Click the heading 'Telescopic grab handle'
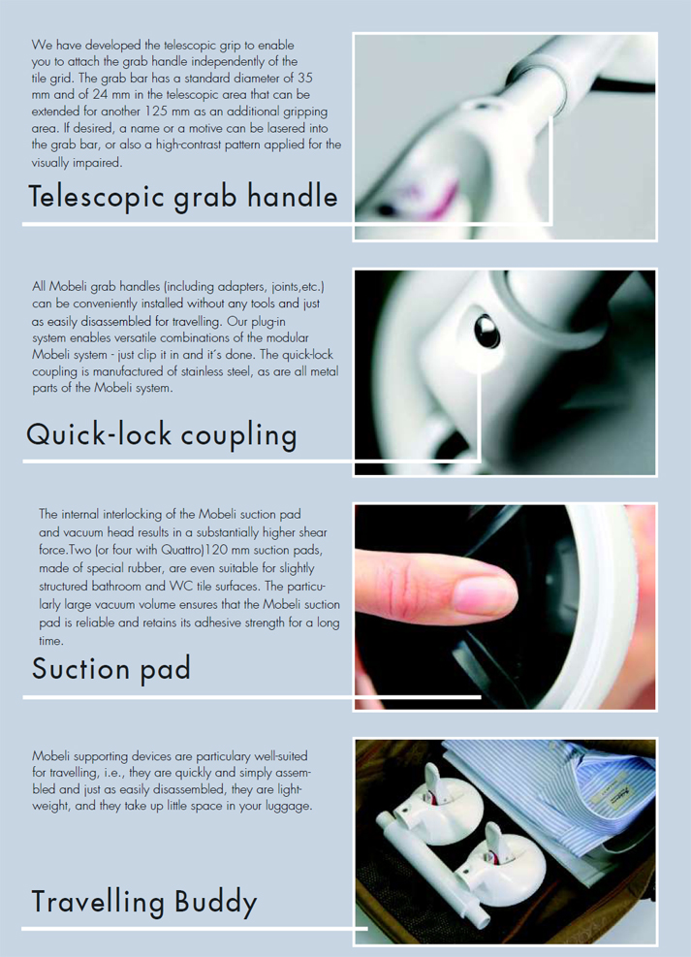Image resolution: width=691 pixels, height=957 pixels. click(183, 198)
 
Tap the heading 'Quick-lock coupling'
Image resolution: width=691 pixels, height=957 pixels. click(162, 435)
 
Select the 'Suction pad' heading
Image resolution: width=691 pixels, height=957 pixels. click(111, 668)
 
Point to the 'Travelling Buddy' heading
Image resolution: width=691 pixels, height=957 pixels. click(144, 903)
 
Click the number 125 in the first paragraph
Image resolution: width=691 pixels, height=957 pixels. click(159, 112)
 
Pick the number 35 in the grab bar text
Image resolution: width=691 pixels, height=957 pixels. click(305, 79)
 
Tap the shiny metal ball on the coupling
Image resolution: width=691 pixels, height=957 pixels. click(487, 331)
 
